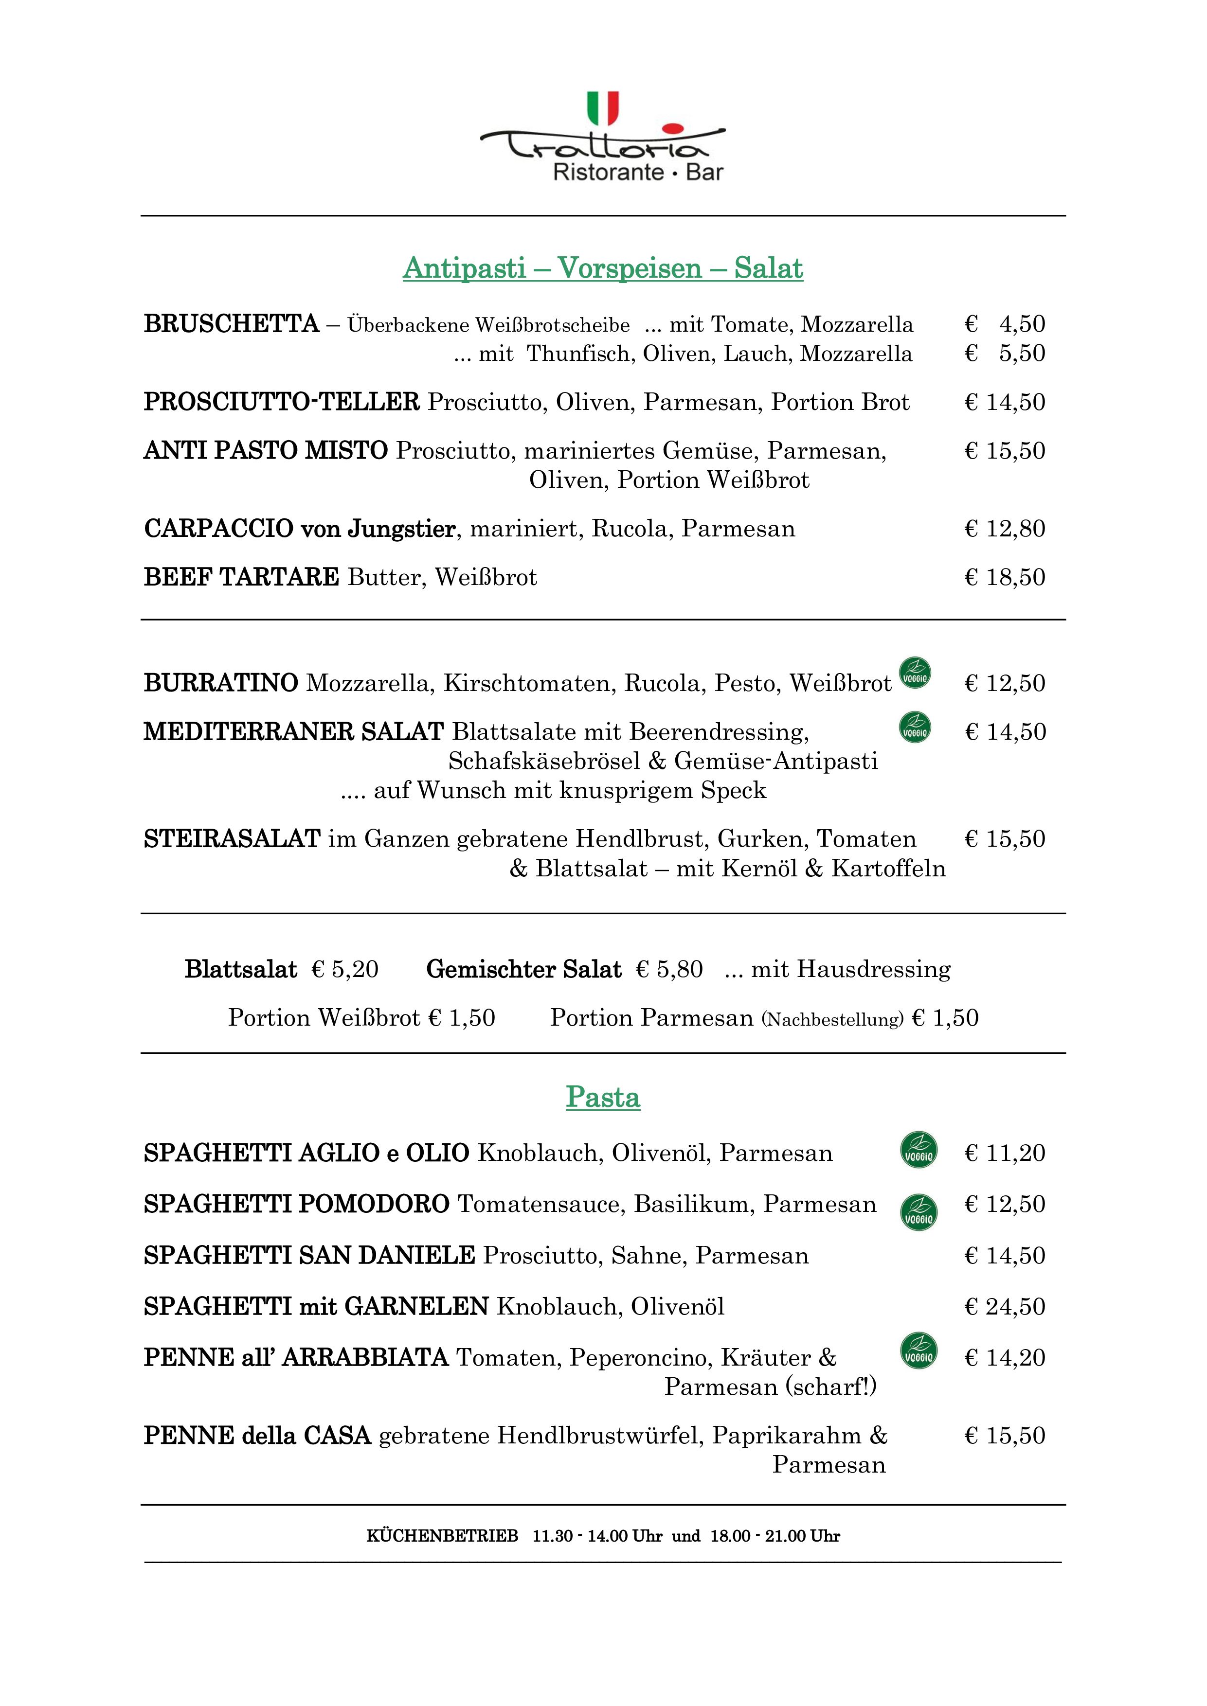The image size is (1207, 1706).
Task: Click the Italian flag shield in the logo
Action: (603, 108)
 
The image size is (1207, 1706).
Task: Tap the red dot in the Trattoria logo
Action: (671, 128)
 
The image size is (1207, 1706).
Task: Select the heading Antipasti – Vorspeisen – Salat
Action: (603, 268)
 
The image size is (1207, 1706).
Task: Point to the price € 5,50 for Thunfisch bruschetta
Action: (1004, 354)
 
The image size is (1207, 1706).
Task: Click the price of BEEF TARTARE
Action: (1004, 577)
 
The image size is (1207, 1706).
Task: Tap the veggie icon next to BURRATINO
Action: (915, 673)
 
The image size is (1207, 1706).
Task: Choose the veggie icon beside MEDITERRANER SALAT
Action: (915, 728)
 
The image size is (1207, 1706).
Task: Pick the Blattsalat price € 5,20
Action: (345, 970)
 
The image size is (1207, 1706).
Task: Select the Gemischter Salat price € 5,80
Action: (669, 970)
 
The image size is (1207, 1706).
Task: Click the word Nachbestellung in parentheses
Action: (832, 1019)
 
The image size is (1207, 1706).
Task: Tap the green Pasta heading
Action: (603, 1098)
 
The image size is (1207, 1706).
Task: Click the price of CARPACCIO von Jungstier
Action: (1004, 529)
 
